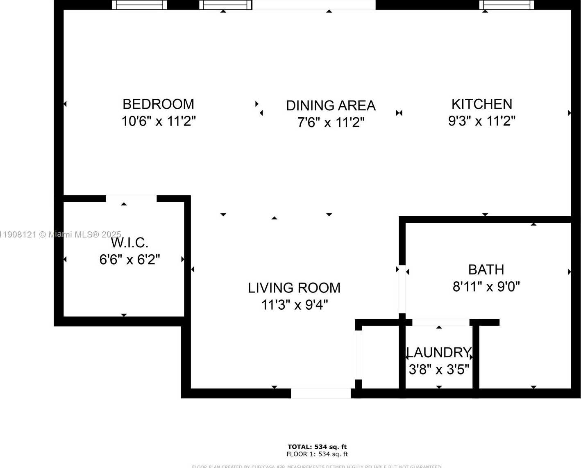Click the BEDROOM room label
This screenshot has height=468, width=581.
(x=158, y=104)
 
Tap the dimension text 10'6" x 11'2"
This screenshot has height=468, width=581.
(x=158, y=121)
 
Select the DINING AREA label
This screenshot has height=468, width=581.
(x=331, y=106)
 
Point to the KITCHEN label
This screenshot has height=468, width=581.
(x=481, y=104)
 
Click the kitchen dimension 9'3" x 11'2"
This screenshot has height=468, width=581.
(x=481, y=121)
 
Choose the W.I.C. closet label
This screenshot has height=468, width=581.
(x=129, y=243)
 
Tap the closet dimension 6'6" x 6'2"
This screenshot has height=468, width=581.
(x=129, y=260)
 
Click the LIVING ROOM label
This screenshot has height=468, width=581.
(x=294, y=288)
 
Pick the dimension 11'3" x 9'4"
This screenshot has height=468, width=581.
(x=294, y=305)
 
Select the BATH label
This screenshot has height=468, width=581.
(x=486, y=270)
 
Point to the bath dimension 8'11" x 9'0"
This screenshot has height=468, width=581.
(x=486, y=287)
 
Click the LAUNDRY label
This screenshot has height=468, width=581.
(x=439, y=353)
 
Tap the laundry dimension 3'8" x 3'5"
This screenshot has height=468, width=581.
(x=439, y=370)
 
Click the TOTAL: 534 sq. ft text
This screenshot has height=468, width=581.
(x=317, y=447)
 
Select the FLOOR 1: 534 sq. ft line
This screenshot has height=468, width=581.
(x=317, y=454)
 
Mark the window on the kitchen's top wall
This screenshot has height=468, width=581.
(x=507, y=5)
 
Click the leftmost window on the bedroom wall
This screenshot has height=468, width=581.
(x=139, y=5)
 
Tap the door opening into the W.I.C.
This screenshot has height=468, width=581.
(x=131, y=199)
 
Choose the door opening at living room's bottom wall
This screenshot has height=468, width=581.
(x=320, y=393)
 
